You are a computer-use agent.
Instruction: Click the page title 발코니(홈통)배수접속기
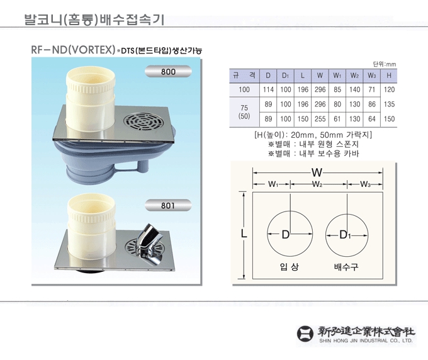pos(94,20)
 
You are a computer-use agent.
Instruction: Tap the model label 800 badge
pos(168,72)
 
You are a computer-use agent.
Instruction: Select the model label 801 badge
pos(168,205)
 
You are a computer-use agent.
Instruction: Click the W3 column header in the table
pos(371,76)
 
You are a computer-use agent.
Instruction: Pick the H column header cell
pos(389,76)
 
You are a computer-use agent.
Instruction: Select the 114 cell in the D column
pos(268,89)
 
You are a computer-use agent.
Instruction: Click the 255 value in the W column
pos(320,119)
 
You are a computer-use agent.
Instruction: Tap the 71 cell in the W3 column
pos(371,89)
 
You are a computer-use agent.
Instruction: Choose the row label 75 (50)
pos(244,111)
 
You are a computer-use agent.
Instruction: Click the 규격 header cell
pos(244,76)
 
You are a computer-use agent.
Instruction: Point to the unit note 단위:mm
pos(385,64)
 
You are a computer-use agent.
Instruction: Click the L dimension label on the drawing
pos(244,233)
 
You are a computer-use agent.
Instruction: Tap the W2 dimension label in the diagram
pos(317,184)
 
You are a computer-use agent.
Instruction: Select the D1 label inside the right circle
pos(345,235)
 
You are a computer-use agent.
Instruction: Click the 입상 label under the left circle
pos(290,267)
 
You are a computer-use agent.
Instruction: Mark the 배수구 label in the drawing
pos(346,267)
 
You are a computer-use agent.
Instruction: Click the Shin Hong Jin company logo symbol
pos(305,334)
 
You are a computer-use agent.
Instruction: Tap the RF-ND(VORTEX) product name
pos(73,50)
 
